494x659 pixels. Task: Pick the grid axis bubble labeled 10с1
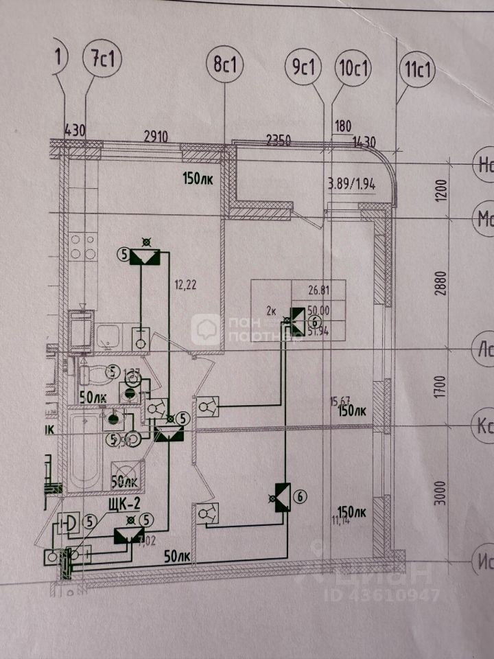pyautogui.click(x=353, y=69)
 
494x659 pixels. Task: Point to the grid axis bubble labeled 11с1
pyautogui.click(x=416, y=70)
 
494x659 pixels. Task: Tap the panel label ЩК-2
pyautogui.click(x=126, y=505)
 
